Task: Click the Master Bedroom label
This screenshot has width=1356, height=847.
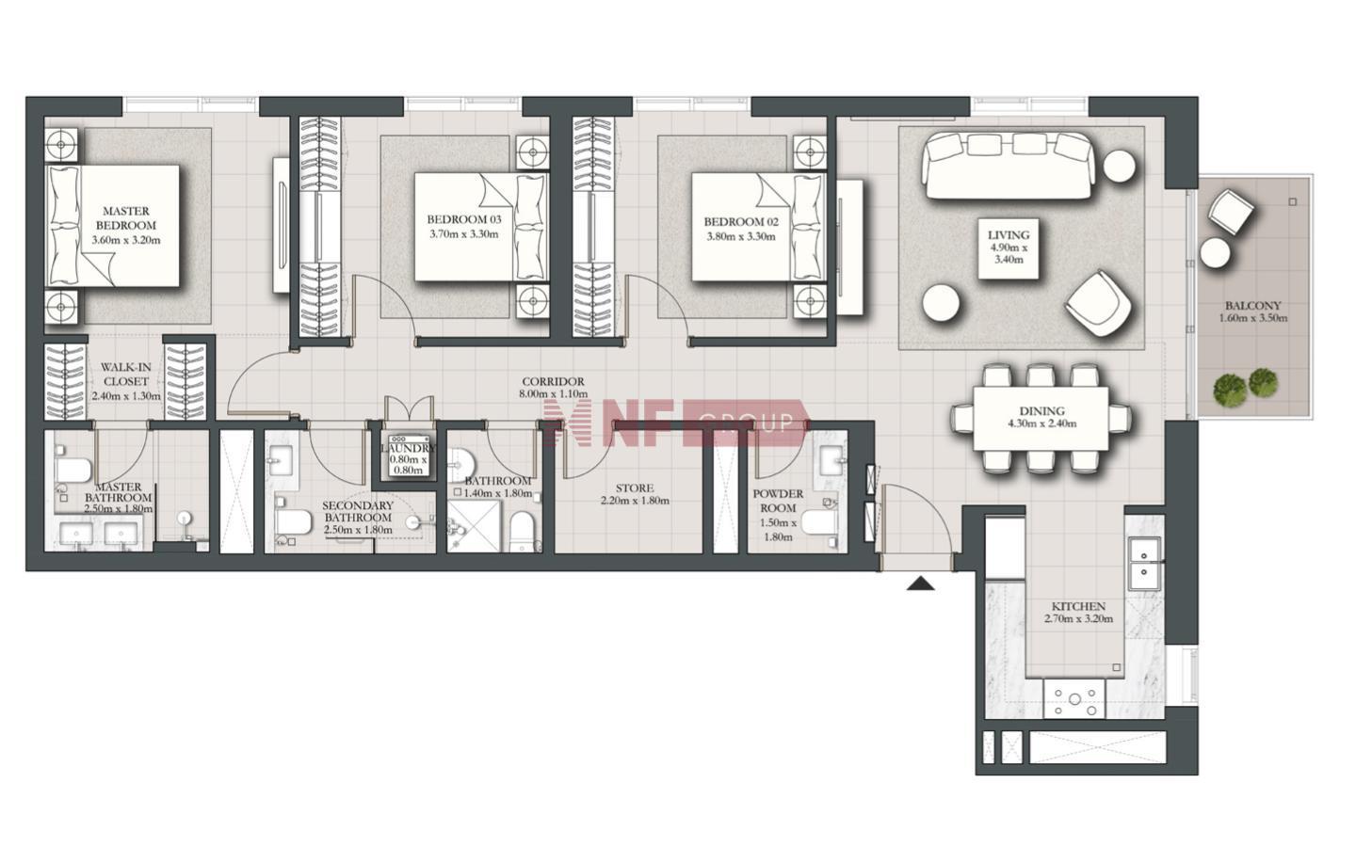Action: [126, 217]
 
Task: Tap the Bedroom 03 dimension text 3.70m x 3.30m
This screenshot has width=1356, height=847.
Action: [463, 234]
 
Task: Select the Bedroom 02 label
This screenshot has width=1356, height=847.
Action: [741, 222]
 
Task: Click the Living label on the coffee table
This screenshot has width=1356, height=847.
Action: [1009, 234]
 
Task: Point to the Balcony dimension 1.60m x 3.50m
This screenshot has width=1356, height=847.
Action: [1253, 318]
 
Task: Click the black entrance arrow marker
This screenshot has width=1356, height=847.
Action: [921, 583]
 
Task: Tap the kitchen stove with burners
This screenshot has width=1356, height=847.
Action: [1073, 698]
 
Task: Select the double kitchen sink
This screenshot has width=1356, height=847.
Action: [1144, 563]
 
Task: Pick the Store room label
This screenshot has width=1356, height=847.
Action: [635, 487]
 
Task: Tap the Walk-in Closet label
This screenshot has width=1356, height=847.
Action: [126, 374]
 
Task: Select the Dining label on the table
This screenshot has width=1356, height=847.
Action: [1041, 411]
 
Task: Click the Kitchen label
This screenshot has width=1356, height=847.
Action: [1078, 606]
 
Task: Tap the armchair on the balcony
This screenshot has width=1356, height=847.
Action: [1231, 212]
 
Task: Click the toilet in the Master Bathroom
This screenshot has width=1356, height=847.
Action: [73, 471]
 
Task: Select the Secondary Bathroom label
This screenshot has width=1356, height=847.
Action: [358, 511]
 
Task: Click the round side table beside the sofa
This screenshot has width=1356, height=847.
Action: [1120, 166]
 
